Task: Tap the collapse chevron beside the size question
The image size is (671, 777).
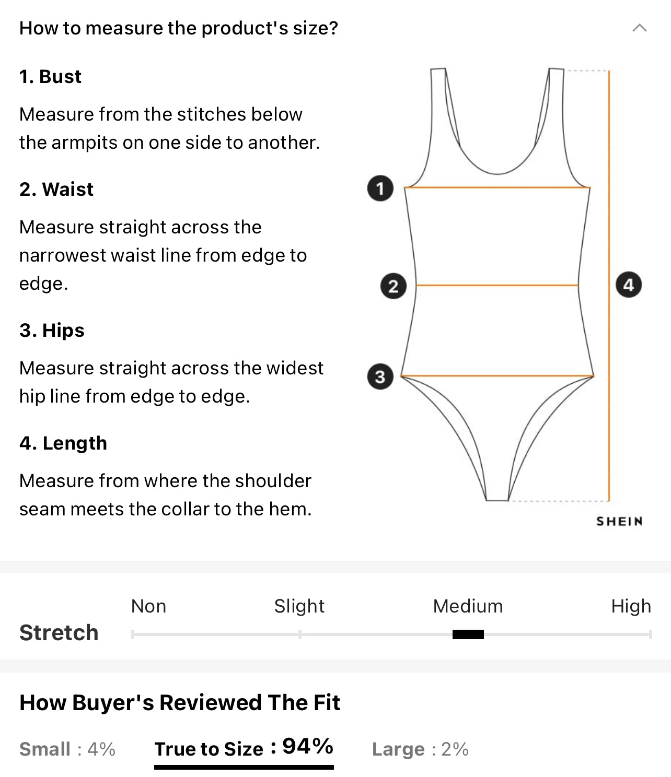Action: pos(640,28)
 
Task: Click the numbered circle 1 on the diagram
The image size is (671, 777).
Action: pos(380,189)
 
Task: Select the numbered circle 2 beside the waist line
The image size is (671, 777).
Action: pos(394,286)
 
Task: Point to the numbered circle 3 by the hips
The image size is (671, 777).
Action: pos(380,376)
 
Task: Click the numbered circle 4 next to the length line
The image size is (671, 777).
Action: pos(629,285)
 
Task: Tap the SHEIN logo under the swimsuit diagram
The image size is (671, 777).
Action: pos(619,521)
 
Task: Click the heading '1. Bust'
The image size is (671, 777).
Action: pos(50,77)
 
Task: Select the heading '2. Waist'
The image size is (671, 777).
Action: pos(56,189)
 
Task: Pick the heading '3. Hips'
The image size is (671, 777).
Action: pos(52,331)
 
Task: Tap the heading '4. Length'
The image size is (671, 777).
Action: pos(63,443)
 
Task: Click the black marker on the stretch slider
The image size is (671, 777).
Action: pos(468,634)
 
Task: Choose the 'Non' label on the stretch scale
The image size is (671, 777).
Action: pos(148,606)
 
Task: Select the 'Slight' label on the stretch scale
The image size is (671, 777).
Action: pos(299,606)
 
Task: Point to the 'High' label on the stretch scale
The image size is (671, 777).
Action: pos(631,606)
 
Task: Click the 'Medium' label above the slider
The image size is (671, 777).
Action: pos(468,606)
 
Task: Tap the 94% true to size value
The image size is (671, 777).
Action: pos(308,746)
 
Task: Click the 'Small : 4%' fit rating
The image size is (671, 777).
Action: pos(67,749)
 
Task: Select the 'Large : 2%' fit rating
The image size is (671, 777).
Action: pos(420,749)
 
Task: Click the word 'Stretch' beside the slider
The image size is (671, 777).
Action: pos(59,633)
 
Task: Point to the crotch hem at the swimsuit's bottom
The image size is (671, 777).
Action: pos(497,500)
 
